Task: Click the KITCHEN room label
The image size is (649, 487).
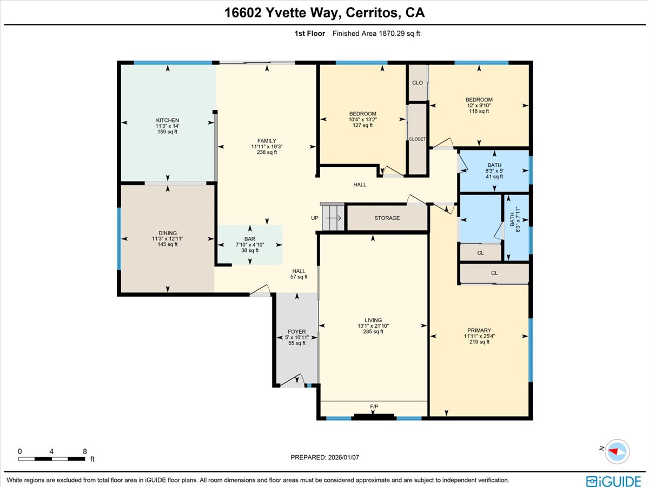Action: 167,120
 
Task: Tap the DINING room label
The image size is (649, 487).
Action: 167,233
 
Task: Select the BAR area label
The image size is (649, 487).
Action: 249,239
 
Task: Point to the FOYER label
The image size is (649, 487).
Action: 296,332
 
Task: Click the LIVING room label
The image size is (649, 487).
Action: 373,320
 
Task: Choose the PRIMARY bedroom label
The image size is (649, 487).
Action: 479,330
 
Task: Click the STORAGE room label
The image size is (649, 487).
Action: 387,218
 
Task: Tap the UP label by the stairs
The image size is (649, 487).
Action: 315,218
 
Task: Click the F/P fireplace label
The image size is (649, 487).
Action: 374,406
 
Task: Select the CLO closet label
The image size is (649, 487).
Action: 417,83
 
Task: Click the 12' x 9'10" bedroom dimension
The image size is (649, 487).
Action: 479,106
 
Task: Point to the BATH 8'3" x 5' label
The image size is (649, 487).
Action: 494,165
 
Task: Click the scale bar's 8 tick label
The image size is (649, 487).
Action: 85,451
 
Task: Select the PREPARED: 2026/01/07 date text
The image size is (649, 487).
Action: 325,457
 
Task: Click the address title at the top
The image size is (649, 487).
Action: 325,13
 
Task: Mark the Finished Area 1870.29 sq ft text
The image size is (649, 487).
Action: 376,34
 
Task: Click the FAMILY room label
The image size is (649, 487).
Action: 267,141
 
